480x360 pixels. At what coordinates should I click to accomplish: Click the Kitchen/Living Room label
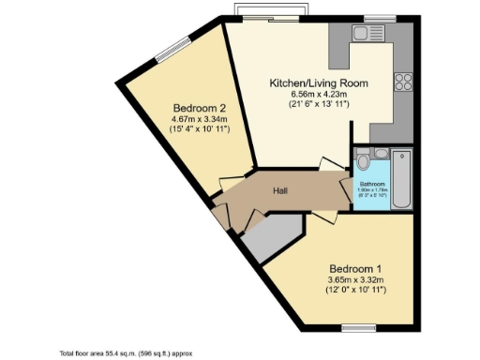319,82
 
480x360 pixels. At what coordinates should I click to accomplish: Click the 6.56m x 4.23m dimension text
319,94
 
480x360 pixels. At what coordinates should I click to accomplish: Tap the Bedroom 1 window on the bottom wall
358,326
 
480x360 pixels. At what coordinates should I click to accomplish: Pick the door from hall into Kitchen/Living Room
331,165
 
